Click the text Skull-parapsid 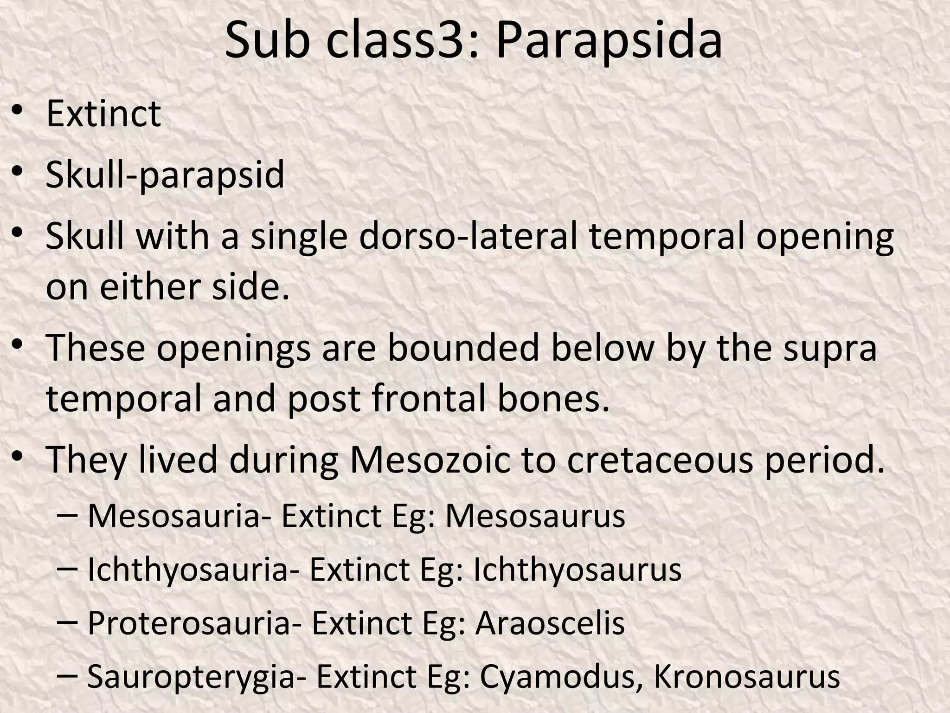tap(165, 175)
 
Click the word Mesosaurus tap(535, 516)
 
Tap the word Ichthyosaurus tap(577, 570)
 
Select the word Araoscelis tap(550, 623)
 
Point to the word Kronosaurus tap(746, 677)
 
